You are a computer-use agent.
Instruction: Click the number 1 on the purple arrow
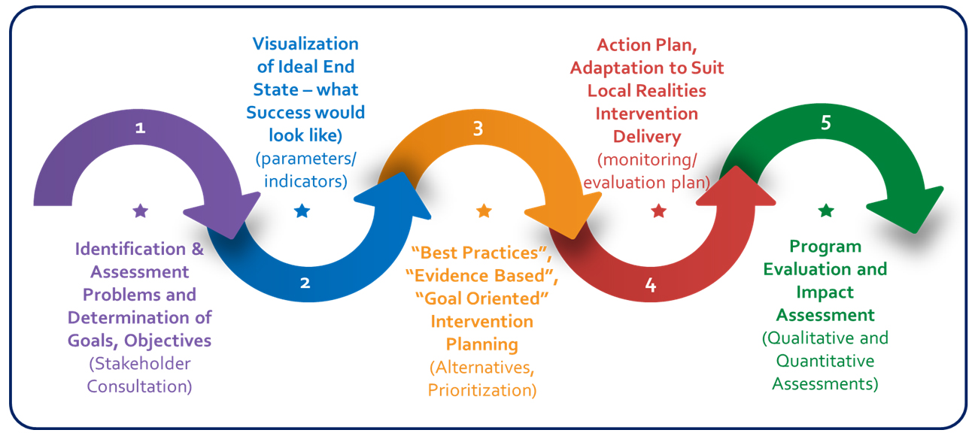click(140, 128)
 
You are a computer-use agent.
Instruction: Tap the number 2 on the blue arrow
click(305, 283)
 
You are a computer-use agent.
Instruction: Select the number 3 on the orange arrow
click(478, 129)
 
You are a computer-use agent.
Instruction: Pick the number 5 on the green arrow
click(826, 123)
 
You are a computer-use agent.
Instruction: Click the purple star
click(140, 211)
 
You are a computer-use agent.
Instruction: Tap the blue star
click(302, 211)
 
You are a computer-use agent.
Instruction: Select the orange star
click(484, 211)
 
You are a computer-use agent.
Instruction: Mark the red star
click(659, 211)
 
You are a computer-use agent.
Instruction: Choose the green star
click(826, 211)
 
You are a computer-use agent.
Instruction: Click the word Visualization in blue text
click(305, 44)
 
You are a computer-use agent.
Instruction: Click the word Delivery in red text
click(647, 137)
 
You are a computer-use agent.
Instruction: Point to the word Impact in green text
click(826, 292)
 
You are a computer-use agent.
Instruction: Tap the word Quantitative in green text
click(825, 361)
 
